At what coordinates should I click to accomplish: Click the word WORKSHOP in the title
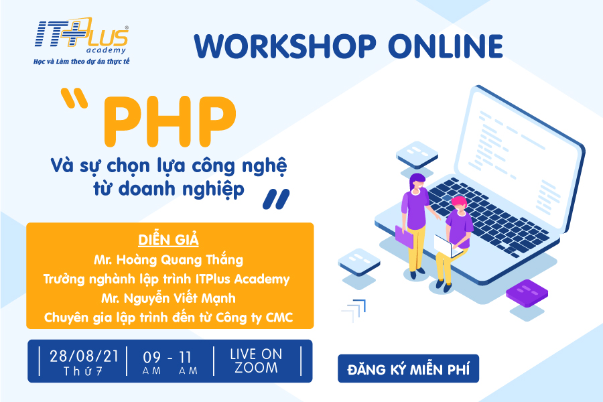pos(285,46)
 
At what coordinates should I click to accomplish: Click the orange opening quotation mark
pos(74,97)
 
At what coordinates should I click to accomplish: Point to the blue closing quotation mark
pos(276,199)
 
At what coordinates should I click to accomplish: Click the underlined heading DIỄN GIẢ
pos(168,240)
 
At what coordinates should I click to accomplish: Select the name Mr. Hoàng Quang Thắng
pos(168,260)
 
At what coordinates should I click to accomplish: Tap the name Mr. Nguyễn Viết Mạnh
pos(168,299)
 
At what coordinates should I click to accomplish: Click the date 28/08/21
pos(84,356)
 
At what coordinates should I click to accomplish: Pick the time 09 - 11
pos(167,358)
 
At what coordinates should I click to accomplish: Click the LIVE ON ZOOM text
pos(256,361)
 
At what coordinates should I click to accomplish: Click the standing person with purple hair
pos(415,225)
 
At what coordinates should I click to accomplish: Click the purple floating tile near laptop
pos(527,293)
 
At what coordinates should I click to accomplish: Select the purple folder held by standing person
pos(404,237)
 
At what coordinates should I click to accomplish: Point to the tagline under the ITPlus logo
pos(82,62)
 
